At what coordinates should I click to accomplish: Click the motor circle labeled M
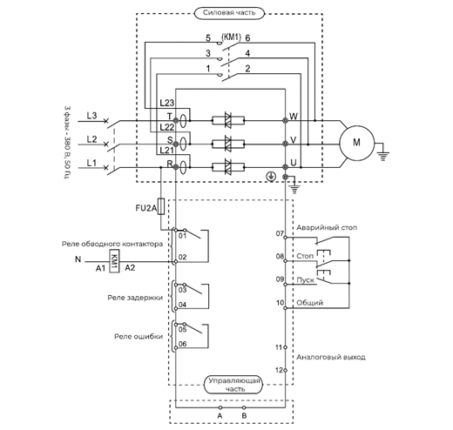point(356,143)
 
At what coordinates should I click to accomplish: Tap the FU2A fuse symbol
point(161,206)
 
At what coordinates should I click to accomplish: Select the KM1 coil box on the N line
point(114,261)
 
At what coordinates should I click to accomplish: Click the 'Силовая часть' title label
point(229,13)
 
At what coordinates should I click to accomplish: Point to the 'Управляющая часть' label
point(233,385)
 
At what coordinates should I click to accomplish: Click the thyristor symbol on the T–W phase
point(228,120)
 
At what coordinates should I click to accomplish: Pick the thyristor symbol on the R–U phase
point(228,167)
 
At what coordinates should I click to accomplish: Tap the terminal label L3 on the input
point(91,116)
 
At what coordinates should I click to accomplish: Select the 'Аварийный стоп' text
point(327,228)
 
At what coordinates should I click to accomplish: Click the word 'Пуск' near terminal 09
point(305,280)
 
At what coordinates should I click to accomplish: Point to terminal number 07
point(280,233)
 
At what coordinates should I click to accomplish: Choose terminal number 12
point(279,370)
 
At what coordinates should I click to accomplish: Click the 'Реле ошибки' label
point(139,337)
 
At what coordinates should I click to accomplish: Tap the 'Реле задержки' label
point(135,298)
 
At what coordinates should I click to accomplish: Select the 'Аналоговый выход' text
point(331,357)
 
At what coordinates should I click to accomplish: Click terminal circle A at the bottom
point(220,407)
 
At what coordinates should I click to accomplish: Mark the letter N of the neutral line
point(78,259)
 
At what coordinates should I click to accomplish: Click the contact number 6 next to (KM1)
point(247,38)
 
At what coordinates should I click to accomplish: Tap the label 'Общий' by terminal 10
point(309,303)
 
